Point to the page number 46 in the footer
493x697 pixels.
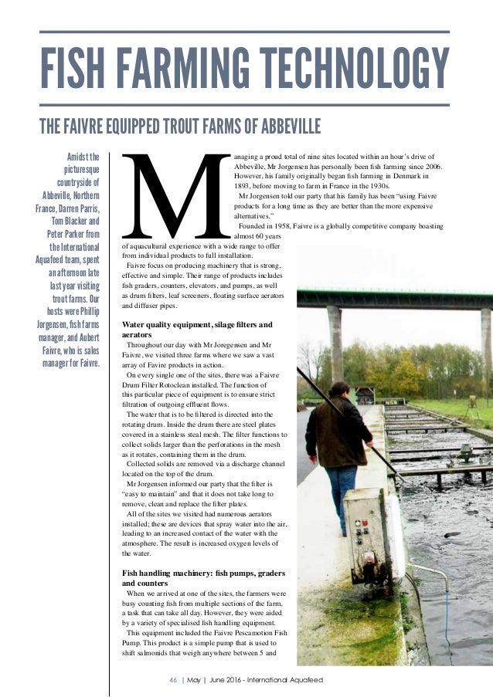(x=173, y=678)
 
